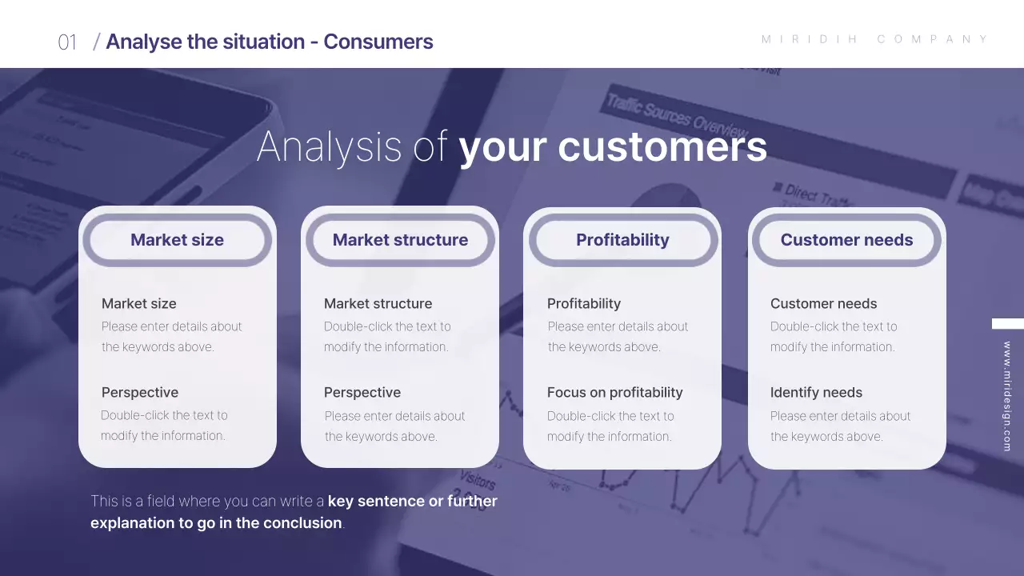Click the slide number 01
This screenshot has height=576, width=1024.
(67, 42)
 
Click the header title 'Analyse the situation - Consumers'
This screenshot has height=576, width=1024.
(269, 42)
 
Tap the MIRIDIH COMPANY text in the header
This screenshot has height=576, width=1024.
(875, 39)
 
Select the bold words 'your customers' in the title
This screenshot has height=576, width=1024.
(612, 146)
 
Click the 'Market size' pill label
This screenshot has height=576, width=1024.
(177, 240)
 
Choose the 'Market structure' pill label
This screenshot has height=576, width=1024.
(400, 240)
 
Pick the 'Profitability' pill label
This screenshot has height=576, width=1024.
(622, 240)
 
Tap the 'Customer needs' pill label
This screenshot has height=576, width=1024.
(846, 240)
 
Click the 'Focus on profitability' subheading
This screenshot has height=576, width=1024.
(614, 393)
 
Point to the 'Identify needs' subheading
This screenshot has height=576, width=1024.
(816, 393)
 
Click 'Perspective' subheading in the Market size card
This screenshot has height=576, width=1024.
(140, 393)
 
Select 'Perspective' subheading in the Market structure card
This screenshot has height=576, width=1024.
(362, 393)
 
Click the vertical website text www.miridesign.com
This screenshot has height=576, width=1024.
(1006, 397)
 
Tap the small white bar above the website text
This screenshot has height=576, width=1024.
(1007, 324)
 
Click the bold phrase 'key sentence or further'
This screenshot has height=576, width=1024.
(412, 502)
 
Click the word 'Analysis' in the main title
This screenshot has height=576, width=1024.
(329, 146)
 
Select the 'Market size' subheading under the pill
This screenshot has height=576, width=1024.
(138, 304)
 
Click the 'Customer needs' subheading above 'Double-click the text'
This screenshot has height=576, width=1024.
(823, 304)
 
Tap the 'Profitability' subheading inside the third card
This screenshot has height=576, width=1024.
(583, 304)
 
